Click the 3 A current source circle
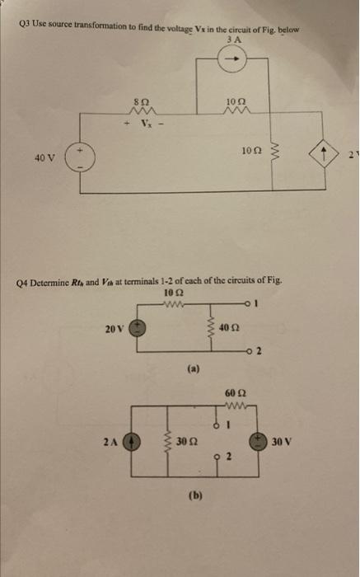click(x=233, y=59)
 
